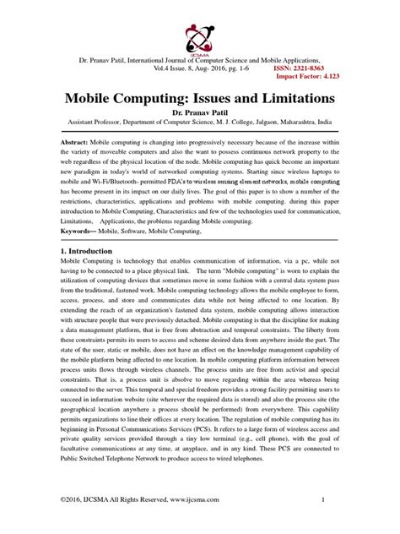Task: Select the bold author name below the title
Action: tap(200, 112)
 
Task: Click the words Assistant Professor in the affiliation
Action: tap(89, 122)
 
